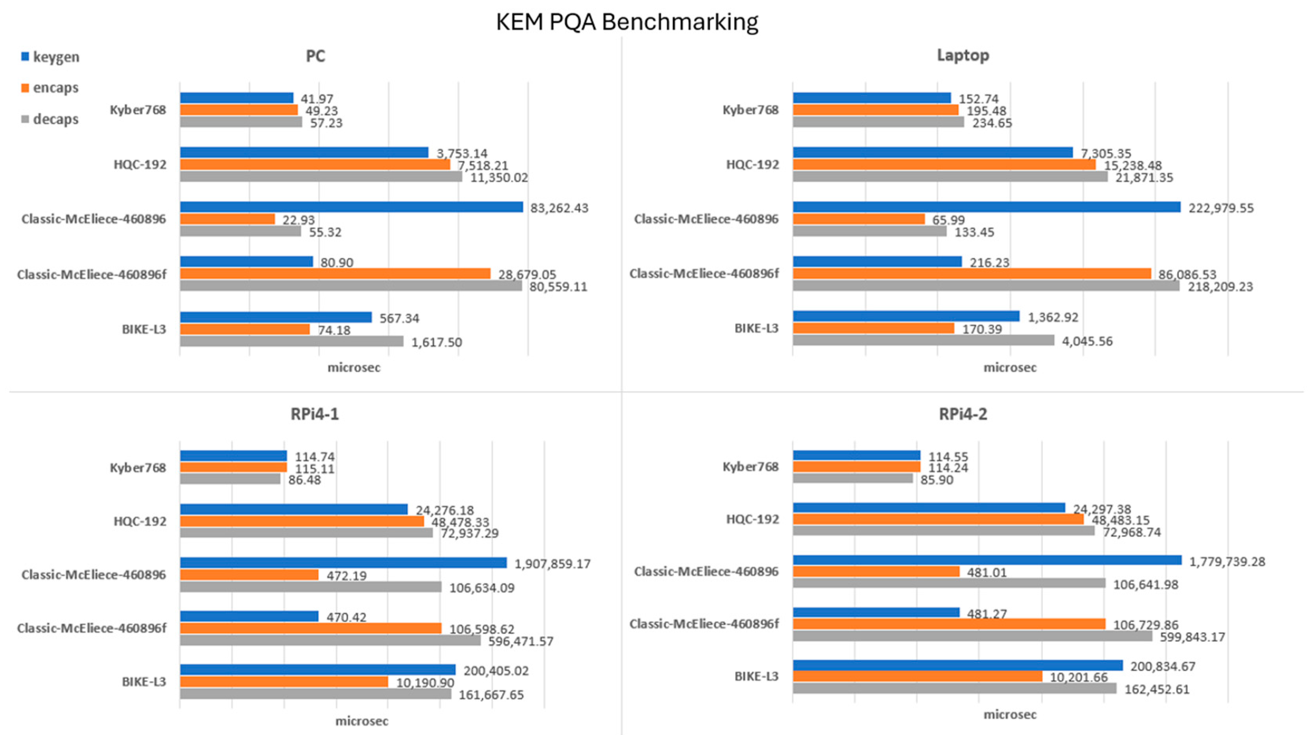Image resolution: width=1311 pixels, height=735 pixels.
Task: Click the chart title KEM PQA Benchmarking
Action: point(627,22)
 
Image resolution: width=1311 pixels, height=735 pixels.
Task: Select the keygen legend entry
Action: point(50,57)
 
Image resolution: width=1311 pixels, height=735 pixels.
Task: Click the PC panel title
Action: point(315,55)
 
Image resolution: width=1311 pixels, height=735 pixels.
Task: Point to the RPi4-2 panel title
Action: point(963,414)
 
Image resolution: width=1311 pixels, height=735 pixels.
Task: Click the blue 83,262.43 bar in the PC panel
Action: point(351,207)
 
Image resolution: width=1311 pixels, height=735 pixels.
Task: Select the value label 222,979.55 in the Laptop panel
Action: point(1221,208)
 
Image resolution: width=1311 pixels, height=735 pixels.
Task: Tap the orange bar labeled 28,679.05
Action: point(335,274)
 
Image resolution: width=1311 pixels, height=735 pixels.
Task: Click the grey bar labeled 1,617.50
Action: point(291,341)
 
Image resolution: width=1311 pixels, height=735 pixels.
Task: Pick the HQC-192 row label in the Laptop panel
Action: point(752,164)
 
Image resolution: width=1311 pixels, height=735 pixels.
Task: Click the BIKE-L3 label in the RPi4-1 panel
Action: point(144,681)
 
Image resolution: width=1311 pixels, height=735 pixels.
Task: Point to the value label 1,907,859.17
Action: point(552,564)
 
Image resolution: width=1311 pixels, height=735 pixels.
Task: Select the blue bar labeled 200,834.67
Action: point(957,665)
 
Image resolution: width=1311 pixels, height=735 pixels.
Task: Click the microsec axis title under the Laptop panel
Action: point(1010,367)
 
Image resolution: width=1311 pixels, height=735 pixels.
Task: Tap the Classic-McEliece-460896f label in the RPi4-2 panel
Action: point(704,624)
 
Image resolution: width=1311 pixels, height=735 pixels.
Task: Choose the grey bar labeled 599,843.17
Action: point(972,636)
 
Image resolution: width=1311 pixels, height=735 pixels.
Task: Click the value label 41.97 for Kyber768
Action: point(317,99)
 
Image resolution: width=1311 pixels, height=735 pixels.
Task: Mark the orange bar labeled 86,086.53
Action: point(972,274)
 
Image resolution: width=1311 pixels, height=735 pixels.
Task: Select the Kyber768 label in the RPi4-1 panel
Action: point(138,467)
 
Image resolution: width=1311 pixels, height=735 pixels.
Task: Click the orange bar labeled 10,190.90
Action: point(284,681)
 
